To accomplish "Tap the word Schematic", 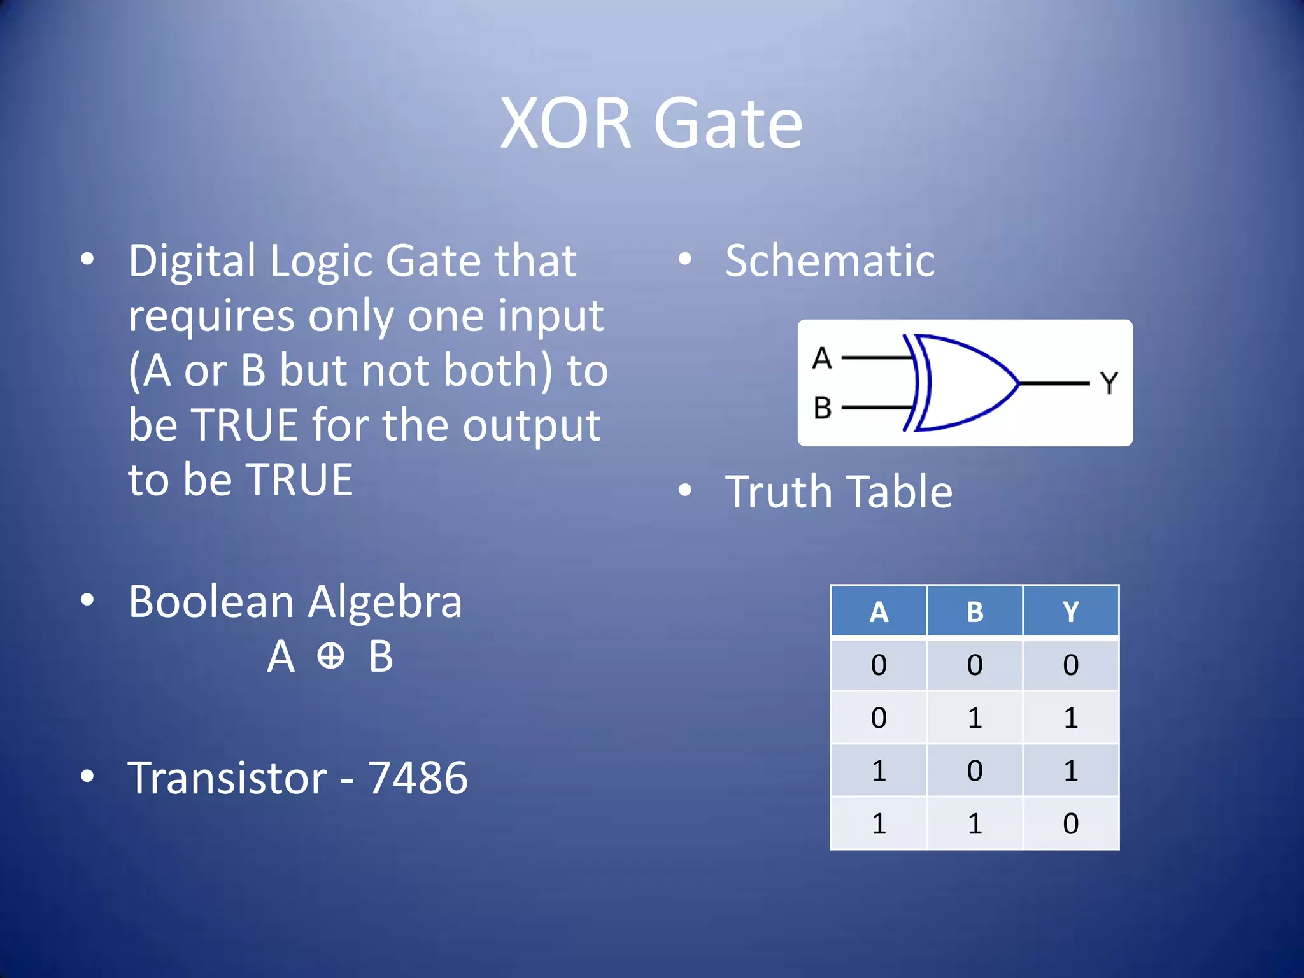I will (830, 261).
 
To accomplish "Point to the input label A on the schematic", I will (822, 358).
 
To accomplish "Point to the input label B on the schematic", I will (822, 408).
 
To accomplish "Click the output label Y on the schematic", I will (1109, 383).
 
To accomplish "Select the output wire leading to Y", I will (1054, 383).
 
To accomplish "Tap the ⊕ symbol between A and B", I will (330, 656).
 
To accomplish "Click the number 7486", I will (418, 778).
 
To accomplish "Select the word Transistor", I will (227, 778).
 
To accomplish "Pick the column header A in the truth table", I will (879, 612).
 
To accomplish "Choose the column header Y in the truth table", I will (1070, 612).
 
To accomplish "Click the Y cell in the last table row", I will (1070, 823).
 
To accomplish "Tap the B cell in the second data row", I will (974, 718).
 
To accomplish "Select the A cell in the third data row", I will (879, 770).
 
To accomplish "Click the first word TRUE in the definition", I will (245, 425).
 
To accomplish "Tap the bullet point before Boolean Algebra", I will (87, 600).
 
